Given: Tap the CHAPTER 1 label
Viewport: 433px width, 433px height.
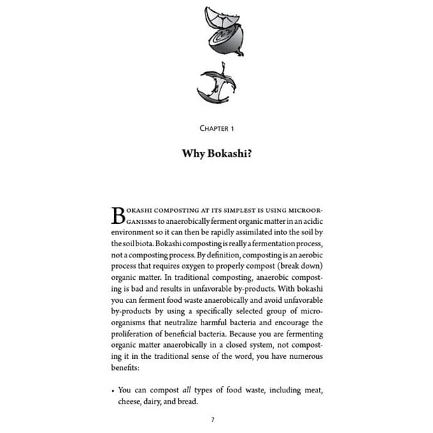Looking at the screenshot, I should pyautogui.click(x=216, y=128).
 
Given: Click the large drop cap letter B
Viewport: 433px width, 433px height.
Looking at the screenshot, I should pyautogui.click(x=118, y=215).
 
